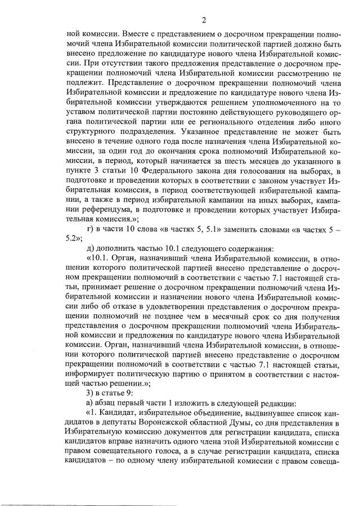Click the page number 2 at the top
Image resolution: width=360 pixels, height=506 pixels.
(x=204, y=21)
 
